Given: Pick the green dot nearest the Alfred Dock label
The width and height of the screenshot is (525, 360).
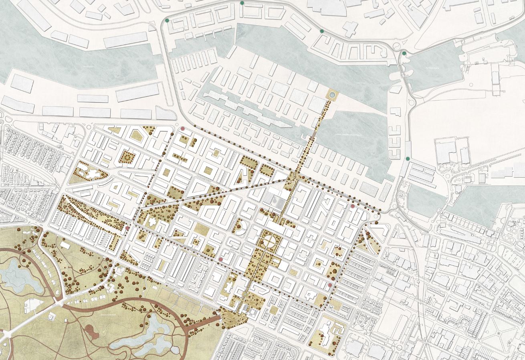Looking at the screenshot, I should [404, 53].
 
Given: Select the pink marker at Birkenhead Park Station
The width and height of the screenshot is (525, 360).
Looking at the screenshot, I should [127, 228].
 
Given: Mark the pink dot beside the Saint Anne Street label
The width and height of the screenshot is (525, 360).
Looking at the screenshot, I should [221, 260].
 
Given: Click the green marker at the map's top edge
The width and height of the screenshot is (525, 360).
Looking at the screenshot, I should [242, 3].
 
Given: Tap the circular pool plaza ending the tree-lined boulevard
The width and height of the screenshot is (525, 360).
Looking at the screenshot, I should [332, 95].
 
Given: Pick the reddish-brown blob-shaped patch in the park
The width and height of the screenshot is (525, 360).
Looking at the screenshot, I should [91, 331].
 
